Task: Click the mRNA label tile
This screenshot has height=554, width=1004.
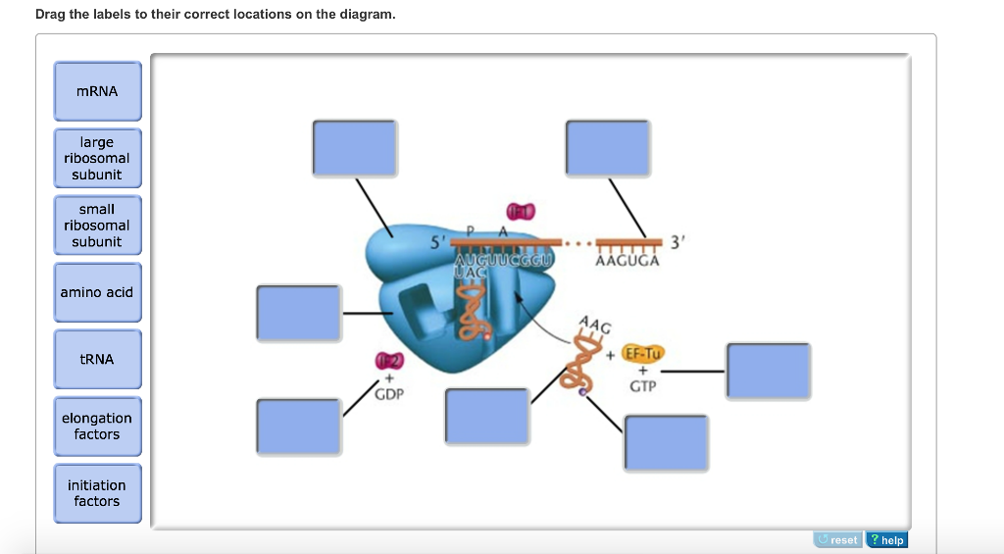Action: click(x=97, y=92)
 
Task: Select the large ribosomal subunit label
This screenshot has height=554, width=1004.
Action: click(x=97, y=159)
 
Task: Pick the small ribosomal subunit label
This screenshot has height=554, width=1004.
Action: click(x=97, y=226)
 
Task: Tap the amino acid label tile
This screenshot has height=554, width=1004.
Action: click(x=97, y=292)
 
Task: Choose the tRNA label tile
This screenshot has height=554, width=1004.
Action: click(x=97, y=359)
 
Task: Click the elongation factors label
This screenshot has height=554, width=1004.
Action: click(x=97, y=427)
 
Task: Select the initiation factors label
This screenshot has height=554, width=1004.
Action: click(x=97, y=493)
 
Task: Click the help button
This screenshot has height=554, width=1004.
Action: click(x=887, y=540)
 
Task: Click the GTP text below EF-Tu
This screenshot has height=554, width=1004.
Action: click(x=642, y=386)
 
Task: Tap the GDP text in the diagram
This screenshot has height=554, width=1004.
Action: click(x=388, y=394)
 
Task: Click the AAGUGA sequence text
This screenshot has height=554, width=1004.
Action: click(x=627, y=261)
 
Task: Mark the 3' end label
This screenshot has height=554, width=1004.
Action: click(x=678, y=242)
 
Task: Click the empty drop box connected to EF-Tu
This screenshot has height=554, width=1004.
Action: click(x=768, y=372)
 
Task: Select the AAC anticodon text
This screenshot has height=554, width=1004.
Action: click(x=594, y=324)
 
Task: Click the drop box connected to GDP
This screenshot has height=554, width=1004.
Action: click(x=299, y=426)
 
